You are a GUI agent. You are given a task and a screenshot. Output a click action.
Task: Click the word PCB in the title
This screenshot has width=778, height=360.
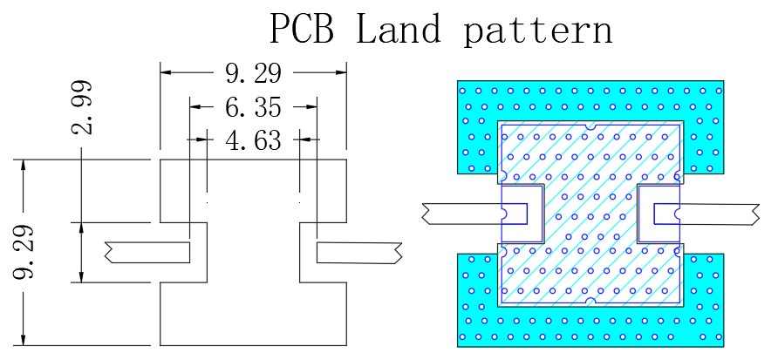[301, 28]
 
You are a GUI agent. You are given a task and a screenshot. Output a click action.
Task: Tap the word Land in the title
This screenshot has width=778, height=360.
[398, 28]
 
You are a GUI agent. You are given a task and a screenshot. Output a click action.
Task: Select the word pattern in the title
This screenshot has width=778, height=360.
[538, 31]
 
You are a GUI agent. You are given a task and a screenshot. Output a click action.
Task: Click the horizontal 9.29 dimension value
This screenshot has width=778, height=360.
[253, 73]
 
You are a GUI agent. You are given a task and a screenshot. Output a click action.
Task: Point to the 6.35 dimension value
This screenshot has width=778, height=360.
[253, 107]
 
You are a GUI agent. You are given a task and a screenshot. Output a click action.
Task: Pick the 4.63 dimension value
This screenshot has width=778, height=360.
[253, 140]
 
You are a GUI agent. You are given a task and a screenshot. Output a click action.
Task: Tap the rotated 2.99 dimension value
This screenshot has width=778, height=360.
[81, 107]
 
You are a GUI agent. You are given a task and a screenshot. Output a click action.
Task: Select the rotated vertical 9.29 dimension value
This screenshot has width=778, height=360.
[23, 252]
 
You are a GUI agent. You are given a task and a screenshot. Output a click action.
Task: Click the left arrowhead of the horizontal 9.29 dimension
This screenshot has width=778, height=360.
[166, 72]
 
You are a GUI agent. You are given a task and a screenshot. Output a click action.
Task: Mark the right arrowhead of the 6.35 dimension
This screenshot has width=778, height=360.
[311, 106]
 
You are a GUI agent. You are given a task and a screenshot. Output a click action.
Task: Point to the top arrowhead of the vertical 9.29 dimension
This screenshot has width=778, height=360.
[23, 166]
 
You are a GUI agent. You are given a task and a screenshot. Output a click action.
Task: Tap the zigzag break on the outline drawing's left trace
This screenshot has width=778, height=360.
[109, 252]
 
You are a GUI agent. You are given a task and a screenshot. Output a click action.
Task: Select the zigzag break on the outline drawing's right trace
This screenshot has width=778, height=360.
[398, 253]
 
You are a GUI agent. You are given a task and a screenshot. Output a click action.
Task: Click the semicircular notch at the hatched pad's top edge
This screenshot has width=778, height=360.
[590, 126]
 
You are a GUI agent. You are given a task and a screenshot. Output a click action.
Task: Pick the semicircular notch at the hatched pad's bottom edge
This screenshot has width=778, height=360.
[590, 301]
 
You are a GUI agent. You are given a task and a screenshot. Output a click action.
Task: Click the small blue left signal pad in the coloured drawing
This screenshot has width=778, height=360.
[515, 214]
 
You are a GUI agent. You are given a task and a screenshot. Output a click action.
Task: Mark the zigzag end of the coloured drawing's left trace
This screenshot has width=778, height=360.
[426, 214]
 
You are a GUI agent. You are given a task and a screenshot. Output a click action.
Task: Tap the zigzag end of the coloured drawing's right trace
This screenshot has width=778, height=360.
[755, 214]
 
